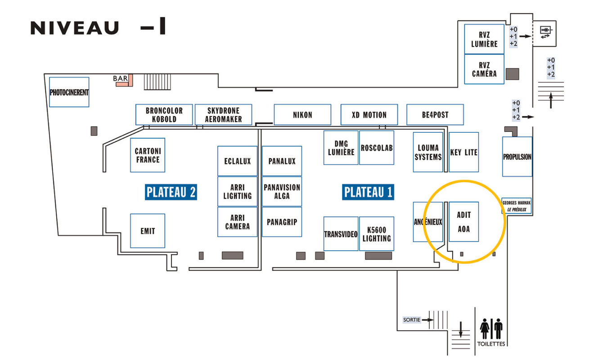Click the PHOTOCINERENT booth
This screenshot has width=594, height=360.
[69, 92]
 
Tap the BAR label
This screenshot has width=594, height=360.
[121, 78]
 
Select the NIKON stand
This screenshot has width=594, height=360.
[302, 114]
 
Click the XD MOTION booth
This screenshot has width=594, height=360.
[369, 114]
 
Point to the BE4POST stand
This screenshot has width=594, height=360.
[435, 114]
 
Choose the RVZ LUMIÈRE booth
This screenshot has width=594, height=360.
[484, 39]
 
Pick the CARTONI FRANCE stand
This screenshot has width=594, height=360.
[148, 155]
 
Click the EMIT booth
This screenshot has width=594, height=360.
[148, 231]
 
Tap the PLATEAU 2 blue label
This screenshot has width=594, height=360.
[171, 192]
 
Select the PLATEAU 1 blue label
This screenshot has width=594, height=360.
[368, 192]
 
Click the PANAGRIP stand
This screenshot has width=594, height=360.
[282, 222]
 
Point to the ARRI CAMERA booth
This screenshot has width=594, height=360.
[237, 222]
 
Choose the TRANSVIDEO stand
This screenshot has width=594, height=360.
[341, 234]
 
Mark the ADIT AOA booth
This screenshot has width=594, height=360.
[464, 221]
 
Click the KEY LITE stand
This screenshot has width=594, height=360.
[464, 152]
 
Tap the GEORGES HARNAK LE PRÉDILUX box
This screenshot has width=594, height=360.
[517, 206]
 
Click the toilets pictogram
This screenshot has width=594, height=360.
[491, 328]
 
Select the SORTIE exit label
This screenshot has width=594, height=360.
[412, 319]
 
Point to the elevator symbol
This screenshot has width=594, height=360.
[545, 32]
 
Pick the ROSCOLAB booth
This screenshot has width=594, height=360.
[377, 148]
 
